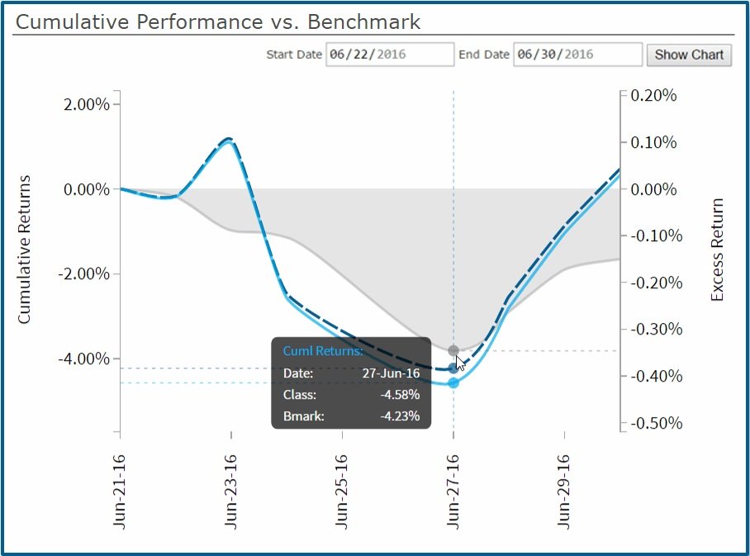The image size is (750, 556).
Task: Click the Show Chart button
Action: (x=688, y=55)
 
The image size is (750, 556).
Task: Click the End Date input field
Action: (x=577, y=55)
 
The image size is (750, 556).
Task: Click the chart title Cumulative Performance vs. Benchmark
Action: (x=218, y=22)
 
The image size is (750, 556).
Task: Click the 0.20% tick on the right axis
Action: (x=653, y=96)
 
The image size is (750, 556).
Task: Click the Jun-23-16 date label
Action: (x=230, y=490)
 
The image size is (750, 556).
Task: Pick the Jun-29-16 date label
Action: (x=564, y=490)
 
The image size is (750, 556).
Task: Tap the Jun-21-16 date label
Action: (x=120, y=490)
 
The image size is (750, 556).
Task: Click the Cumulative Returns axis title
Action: (x=24, y=249)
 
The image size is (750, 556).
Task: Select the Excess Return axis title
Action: (x=716, y=249)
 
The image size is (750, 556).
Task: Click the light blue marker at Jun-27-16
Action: (x=453, y=383)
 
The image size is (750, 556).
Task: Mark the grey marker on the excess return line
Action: (x=453, y=351)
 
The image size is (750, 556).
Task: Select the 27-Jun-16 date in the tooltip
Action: (x=391, y=373)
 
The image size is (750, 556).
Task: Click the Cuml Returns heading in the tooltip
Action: (x=322, y=351)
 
